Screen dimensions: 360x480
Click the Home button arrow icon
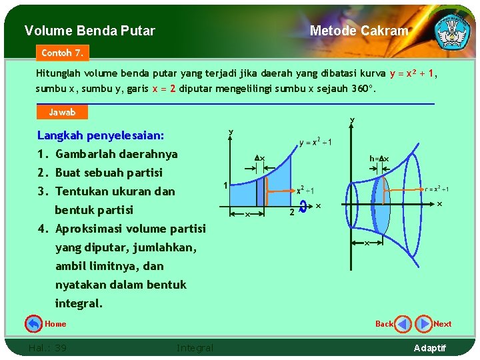(33, 324)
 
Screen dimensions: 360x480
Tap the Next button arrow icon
(423, 324)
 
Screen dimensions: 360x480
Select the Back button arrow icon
(403, 324)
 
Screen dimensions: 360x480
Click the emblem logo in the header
(452, 29)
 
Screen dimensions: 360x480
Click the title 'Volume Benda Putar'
(89, 31)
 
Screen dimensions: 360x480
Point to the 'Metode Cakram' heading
(359, 31)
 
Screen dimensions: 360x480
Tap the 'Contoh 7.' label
(62, 52)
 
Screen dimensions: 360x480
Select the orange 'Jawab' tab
(62, 112)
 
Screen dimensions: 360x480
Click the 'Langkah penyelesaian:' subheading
(101, 135)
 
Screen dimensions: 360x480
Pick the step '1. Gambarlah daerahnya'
(107, 154)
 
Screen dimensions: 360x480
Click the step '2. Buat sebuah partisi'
(100, 173)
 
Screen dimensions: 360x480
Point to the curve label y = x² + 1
(315, 142)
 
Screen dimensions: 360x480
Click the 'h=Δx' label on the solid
(379, 159)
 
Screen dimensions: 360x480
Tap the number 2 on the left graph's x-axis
(291, 213)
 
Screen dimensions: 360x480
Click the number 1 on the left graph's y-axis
(225, 185)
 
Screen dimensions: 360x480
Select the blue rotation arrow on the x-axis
(303, 207)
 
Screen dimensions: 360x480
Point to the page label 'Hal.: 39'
(47, 347)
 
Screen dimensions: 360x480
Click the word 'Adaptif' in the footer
(430, 348)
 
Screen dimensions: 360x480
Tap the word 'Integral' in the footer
(195, 347)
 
